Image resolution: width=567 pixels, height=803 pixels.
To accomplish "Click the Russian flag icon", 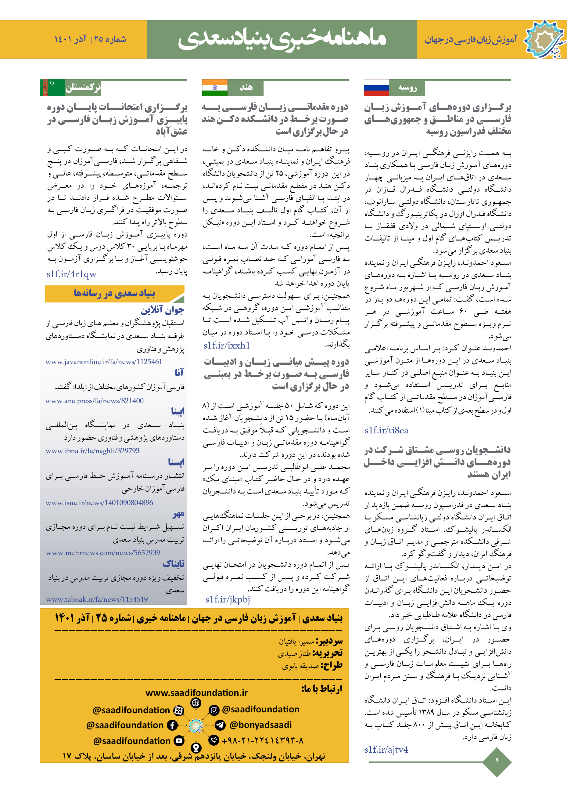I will tap(376, 88).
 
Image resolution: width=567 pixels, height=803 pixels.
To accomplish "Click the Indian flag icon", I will tap(215, 88).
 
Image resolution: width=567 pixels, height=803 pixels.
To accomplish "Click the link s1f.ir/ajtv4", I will tap(386, 750).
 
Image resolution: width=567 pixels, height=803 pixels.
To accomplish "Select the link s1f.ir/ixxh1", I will tap(227, 345).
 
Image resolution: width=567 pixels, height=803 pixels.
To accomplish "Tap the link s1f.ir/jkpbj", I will tap(228, 599).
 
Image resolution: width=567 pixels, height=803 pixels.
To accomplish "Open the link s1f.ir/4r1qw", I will tap(72, 274).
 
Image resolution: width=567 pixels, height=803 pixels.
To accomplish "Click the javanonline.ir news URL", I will tap(104, 362).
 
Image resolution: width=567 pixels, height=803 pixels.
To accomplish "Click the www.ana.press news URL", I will tap(94, 401).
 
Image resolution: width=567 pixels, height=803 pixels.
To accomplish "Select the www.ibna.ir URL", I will tap(93, 451).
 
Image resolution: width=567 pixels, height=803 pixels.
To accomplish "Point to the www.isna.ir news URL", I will tap(99, 503).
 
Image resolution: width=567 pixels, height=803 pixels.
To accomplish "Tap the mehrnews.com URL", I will tap(103, 553).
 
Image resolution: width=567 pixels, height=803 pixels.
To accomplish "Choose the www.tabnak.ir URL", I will tap(97, 599).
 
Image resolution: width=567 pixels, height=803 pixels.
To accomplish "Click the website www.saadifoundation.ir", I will tap(196, 693).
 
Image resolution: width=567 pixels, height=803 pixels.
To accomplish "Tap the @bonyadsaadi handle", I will tap(260, 725).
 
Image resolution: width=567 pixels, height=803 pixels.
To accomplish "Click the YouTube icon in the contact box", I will tap(179, 740).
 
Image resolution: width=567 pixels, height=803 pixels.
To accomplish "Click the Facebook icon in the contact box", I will tap(172, 725).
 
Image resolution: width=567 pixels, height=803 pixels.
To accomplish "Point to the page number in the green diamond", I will tap(497, 760).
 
